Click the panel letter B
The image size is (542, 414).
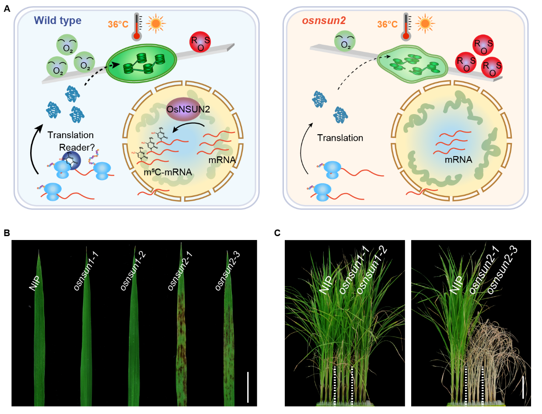click(7, 233)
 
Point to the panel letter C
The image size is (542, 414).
click(277, 233)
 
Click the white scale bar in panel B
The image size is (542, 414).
click(248, 387)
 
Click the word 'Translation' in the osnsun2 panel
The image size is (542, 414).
click(340, 138)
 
